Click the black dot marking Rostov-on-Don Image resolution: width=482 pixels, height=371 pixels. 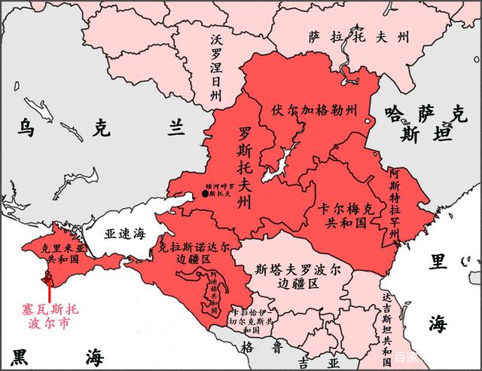[205, 195]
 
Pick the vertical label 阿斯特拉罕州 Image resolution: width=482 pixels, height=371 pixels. [395, 203]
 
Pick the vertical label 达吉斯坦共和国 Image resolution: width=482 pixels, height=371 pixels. [385, 325]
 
